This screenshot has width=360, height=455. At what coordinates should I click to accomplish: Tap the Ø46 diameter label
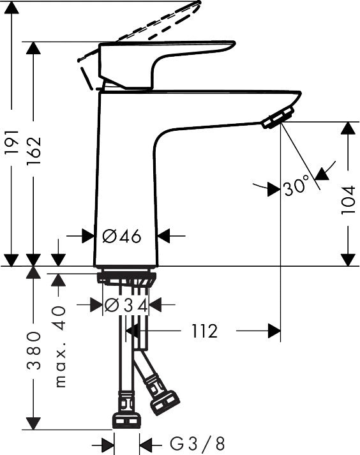coord(122,236)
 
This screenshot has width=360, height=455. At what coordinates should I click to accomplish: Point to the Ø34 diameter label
coord(126,306)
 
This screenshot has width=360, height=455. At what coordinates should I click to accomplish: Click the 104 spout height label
coord(347,199)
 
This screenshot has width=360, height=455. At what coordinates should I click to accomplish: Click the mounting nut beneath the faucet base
coord(126,278)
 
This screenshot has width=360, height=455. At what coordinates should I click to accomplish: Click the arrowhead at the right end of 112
coord(274,331)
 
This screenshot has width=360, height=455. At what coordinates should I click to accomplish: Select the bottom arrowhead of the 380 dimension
coord(34,423)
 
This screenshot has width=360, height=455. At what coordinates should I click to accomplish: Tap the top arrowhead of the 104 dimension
coord(347,128)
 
